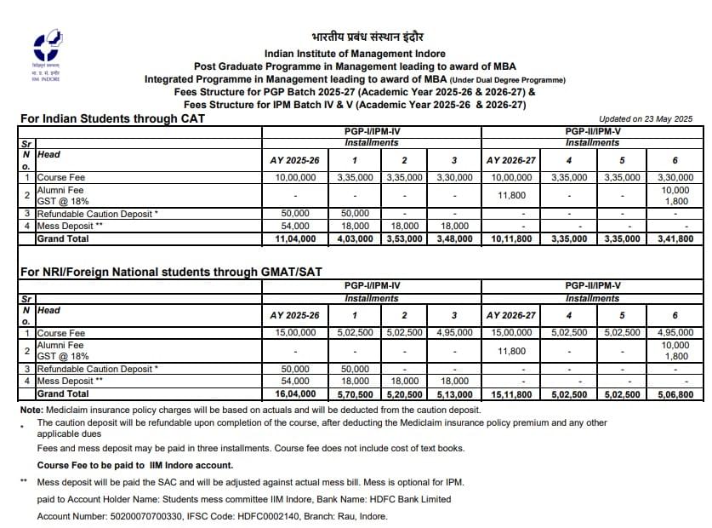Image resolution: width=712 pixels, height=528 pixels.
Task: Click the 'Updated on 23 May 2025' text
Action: pyautogui.click(x=646, y=119)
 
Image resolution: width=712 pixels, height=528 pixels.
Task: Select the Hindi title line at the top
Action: pyautogui.click(x=367, y=37)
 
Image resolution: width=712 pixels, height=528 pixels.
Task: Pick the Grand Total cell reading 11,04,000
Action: pyautogui.click(x=294, y=239)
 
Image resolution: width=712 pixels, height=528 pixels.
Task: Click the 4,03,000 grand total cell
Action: pyautogui.click(x=354, y=239)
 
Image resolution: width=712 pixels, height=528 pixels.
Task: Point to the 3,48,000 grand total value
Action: pyautogui.click(x=454, y=239)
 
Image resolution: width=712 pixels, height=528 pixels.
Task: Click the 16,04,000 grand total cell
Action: pyautogui.click(x=294, y=394)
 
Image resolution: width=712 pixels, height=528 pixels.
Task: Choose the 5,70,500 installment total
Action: pyautogui.click(x=354, y=394)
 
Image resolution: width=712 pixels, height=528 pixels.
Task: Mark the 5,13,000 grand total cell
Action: pyautogui.click(x=454, y=394)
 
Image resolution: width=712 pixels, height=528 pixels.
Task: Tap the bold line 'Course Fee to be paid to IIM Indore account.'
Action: pyautogui.click(x=135, y=465)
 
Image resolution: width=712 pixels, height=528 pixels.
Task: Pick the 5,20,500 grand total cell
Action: pyautogui.click(x=404, y=394)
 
